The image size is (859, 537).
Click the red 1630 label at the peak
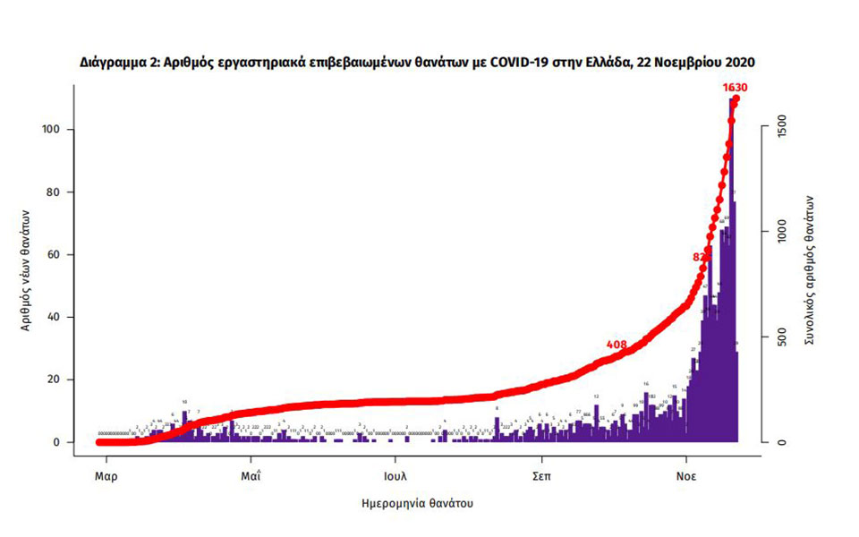tap(735, 88)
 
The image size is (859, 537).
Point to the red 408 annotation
tap(616, 345)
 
